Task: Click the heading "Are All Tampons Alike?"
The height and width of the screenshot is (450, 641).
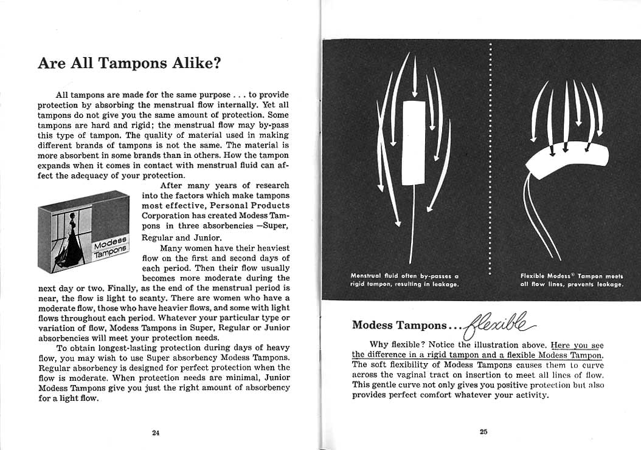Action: click(129, 63)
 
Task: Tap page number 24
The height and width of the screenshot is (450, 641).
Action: click(155, 432)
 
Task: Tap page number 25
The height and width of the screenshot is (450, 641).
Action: click(483, 432)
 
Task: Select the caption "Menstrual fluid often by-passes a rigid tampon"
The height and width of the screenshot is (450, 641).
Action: click(404, 280)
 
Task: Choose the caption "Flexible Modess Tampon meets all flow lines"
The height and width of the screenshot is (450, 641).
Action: click(572, 280)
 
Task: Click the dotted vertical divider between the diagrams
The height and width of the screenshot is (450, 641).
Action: click(490, 158)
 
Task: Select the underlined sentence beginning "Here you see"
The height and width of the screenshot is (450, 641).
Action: click(478, 350)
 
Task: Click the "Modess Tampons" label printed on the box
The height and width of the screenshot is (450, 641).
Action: click(111, 246)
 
